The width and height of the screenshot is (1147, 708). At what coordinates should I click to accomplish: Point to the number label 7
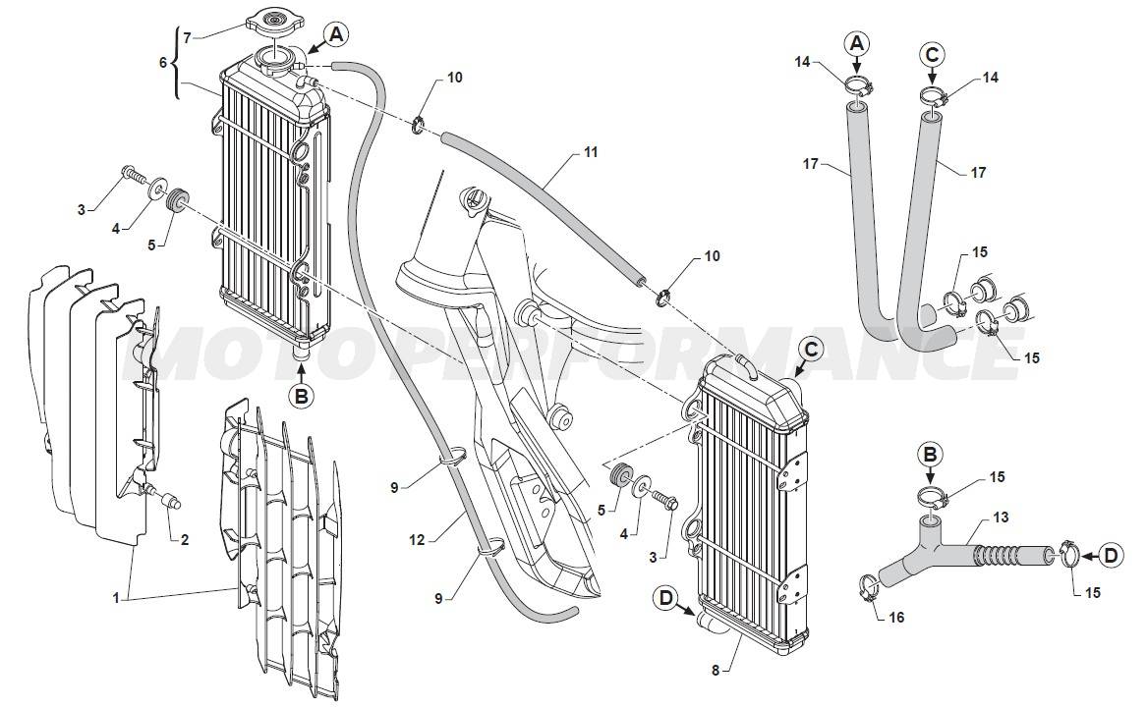click(x=187, y=37)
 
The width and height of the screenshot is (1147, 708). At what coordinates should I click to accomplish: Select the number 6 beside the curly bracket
click(x=163, y=61)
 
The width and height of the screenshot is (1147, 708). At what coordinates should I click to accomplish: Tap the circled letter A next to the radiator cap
click(x=336, y=34)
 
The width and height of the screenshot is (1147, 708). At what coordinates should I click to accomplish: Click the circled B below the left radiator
click(x=302, y=397)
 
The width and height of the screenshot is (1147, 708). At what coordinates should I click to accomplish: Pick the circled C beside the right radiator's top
click(x=810, y=348)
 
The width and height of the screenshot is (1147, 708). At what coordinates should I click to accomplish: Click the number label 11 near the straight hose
click(x=591, y=153)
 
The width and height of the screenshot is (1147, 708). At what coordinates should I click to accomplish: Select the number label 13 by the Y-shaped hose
click(x=1001, y=517)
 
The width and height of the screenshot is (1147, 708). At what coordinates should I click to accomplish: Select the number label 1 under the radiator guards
click(x=116, y=596)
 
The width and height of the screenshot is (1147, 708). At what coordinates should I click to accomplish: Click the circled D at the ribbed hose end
click(x=1110, y=556)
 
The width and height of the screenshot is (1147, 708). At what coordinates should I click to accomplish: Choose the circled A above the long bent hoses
click(x=857, y=43)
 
